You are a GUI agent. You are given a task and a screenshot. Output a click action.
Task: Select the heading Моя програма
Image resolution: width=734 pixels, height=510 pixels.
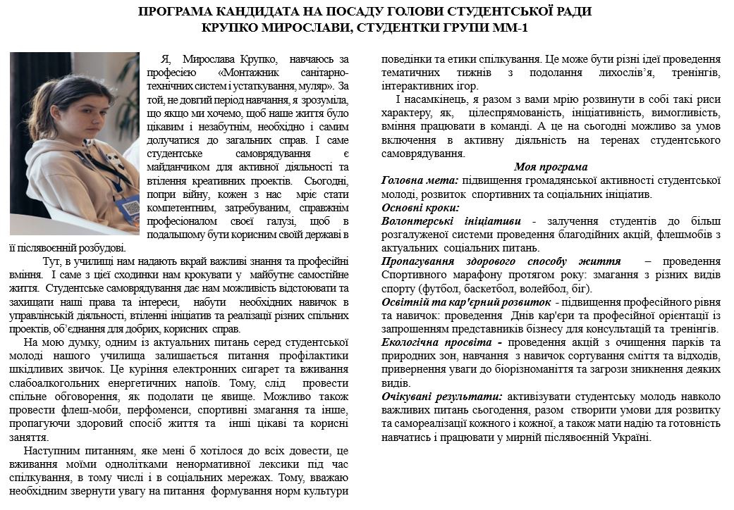(x=550, y=168)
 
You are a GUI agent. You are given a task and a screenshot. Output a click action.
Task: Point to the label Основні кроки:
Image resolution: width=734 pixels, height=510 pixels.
(x=420, y=208)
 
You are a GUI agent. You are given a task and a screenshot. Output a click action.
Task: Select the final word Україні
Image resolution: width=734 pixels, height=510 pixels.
(x=628, y=437)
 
